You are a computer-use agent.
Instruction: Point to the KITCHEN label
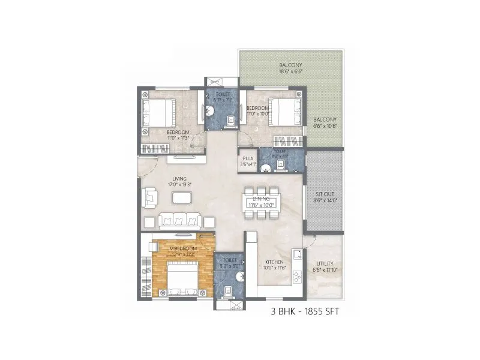(275, 262)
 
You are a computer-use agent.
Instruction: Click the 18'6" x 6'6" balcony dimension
(290, 71)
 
